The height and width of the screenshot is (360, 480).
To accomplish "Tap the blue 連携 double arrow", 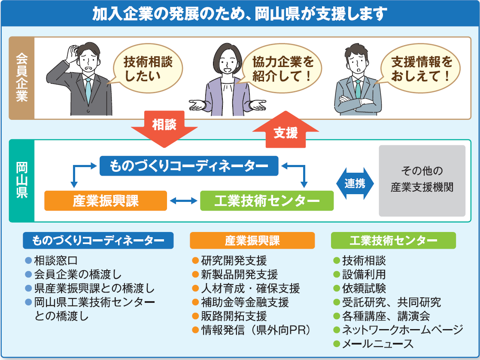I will pos(355,183).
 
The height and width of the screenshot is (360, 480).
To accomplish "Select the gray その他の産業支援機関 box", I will pos(422,180).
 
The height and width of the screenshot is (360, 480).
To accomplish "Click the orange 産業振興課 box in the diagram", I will pos(106,201).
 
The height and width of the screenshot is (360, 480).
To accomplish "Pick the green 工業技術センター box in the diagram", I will pos(267,201).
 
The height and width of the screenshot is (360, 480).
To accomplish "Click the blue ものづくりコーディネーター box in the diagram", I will pos(189,166).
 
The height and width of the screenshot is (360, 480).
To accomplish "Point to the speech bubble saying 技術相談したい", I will pos(148,69).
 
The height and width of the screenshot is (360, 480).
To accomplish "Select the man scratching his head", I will pos(82,79).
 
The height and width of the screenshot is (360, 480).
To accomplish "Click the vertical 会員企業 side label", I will pos(21,78).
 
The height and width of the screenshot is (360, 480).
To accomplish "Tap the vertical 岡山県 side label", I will pos(21,180).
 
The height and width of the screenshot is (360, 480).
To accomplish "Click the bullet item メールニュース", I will pos(377,344).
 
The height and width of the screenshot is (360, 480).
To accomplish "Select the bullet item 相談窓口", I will pos(56,260).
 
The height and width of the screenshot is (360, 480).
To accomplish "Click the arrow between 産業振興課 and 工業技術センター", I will pos(183,201).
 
